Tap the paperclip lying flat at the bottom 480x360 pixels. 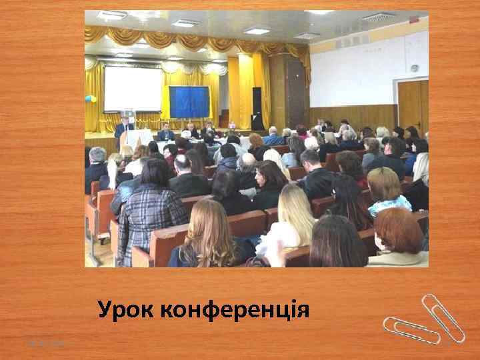coord(410,329)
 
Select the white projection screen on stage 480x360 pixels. coord(133,88)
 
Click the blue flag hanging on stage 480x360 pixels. coord(189,101)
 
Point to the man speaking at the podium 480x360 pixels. coord(123,128)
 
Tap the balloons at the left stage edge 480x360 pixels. coord(91,99)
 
